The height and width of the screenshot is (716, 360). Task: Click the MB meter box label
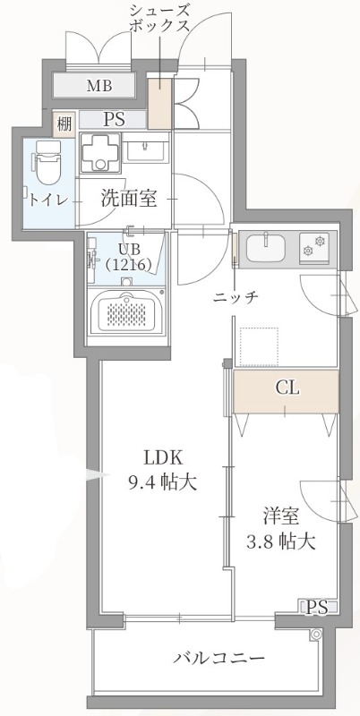click(99, 87)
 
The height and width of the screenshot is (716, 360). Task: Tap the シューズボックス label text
click(160, 18)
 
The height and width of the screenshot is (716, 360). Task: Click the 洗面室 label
click(128, 198)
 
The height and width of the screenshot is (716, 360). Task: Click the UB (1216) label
click(124, 256)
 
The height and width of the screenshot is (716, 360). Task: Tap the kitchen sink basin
click(265, 246)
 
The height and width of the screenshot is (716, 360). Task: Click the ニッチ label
click(236, 297)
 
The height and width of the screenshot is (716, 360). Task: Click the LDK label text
click(159, 454)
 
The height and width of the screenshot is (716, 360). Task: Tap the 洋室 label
click(280, 516)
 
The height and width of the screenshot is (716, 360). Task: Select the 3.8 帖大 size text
click(280, 541)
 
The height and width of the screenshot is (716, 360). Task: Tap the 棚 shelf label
click(64, 123)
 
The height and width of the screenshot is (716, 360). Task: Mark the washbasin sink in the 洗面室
click(146, 149)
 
